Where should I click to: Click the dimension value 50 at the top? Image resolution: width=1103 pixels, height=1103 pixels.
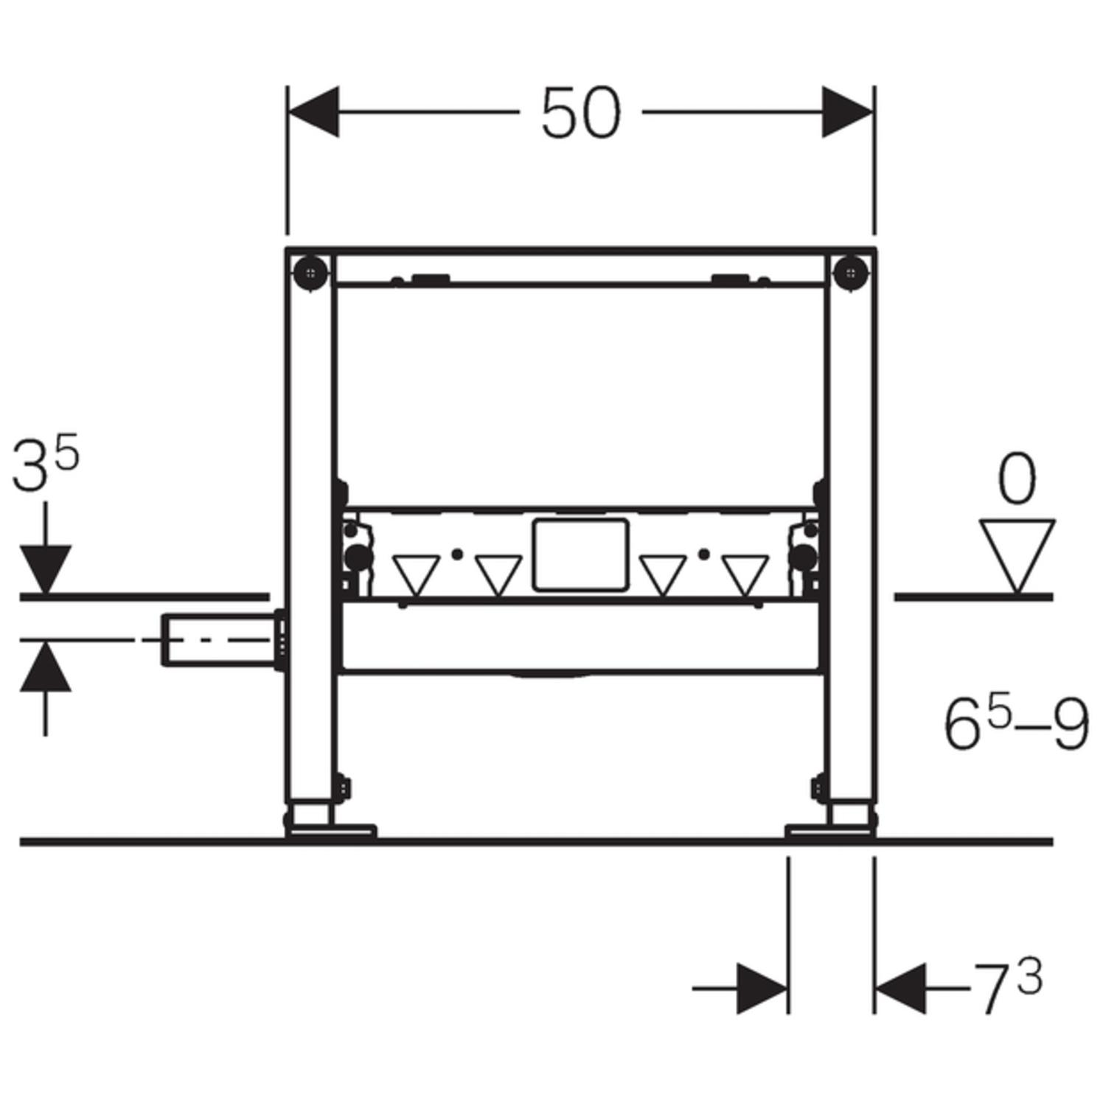pos(581,114)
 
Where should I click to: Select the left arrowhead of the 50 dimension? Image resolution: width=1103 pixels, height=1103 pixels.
pos(313,112)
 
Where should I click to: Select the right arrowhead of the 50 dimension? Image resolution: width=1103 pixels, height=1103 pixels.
pos(848,112)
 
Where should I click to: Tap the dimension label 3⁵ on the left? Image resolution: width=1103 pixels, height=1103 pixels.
pos(45,465)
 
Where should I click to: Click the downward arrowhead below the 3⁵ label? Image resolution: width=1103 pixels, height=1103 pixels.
pos(46,568)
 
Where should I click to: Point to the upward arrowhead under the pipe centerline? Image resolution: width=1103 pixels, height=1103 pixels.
pos(46,667)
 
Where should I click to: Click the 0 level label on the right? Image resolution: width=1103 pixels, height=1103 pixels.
pos(1017,480)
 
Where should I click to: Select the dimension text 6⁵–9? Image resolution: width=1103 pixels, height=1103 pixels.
pos(1016,726)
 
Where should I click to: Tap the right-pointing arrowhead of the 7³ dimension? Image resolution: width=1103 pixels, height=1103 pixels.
pos(762,987)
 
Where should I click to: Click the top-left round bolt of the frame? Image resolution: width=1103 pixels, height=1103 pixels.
pos(310,274)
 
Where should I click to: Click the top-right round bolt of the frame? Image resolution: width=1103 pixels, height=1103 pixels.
pos(852,274)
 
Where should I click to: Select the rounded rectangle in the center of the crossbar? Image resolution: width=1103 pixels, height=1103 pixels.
pos(581,555)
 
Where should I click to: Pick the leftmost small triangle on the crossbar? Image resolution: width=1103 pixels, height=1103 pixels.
pos(416,574)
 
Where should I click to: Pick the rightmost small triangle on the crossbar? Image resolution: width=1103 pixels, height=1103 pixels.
pos(745,574)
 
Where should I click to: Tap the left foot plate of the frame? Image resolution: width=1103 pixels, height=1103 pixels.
pos(331,831)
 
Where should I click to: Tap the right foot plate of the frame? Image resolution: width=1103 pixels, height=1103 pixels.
pos(831,831)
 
